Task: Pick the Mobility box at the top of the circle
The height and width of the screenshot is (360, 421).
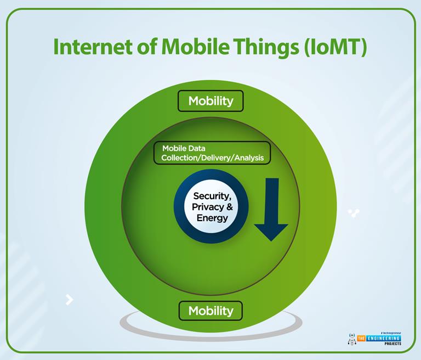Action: click(x=210, y=101)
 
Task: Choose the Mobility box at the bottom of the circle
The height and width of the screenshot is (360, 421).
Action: click(x=210, y=311)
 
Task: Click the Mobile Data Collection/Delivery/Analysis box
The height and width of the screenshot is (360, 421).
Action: click(x=212, y=153)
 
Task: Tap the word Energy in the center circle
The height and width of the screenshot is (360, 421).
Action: click(x=212, y=217)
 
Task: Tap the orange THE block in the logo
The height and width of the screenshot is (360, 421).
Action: click(x=362, y=339)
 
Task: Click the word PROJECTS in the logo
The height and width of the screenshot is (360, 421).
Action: click(x=391, y=344)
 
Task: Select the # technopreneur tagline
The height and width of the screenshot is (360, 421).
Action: click(x=388, y=333)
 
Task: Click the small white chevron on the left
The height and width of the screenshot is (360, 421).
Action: click(x=70, y=299)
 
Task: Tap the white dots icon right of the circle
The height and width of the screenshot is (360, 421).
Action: click(x=354, y=213)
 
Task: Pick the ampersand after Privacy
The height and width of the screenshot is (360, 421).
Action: click(x=230, y=207)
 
